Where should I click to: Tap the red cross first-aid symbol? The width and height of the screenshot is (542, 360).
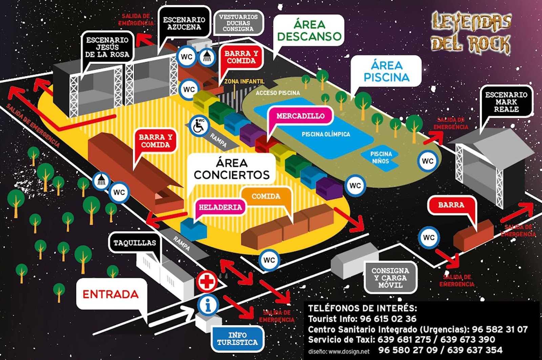tap(207, 281)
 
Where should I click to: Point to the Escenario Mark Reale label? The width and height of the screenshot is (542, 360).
tap(506, 102)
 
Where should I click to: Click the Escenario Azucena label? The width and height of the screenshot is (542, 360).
tap(184, 23)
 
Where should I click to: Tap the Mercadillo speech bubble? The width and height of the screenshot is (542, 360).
tap(300, 116)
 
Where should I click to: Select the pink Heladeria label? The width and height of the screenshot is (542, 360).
tap(221, 207)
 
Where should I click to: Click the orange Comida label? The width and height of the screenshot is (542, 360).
tap(266, 196)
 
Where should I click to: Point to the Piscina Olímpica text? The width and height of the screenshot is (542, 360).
tap(326, 134)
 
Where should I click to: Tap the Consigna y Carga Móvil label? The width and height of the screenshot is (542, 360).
tap(390, 278)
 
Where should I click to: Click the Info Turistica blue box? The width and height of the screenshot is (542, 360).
tap(237, 338)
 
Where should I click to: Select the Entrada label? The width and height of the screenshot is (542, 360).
tap(110, 294)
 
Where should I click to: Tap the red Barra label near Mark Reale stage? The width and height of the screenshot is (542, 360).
tap(451, 205)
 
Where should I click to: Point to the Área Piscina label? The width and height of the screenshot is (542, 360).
tap(386, 71)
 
